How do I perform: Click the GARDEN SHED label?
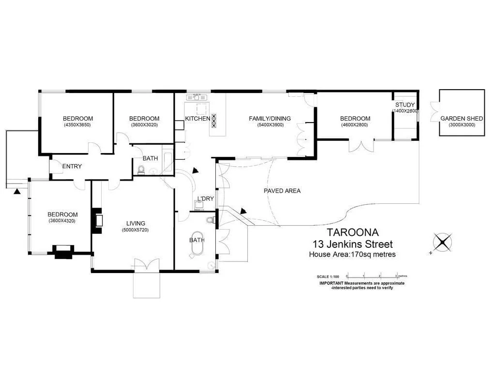[462, 119]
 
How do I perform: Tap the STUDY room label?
[405, 105]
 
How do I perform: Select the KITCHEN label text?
[197, 119]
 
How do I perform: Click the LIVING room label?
[135, 223]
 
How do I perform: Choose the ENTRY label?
[72, 167]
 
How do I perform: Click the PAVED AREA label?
[282, 191]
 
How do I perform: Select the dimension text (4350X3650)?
[77, 125]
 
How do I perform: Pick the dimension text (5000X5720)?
[135, 230]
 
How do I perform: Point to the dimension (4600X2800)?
[355, 125]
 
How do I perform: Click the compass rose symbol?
[442, 242]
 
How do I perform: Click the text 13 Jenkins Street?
[353, 244]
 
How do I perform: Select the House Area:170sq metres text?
[352, 254]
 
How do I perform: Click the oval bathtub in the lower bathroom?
[197, 246]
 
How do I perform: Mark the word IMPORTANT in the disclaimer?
[331, 283]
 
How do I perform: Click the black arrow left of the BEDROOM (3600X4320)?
[17, 191]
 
